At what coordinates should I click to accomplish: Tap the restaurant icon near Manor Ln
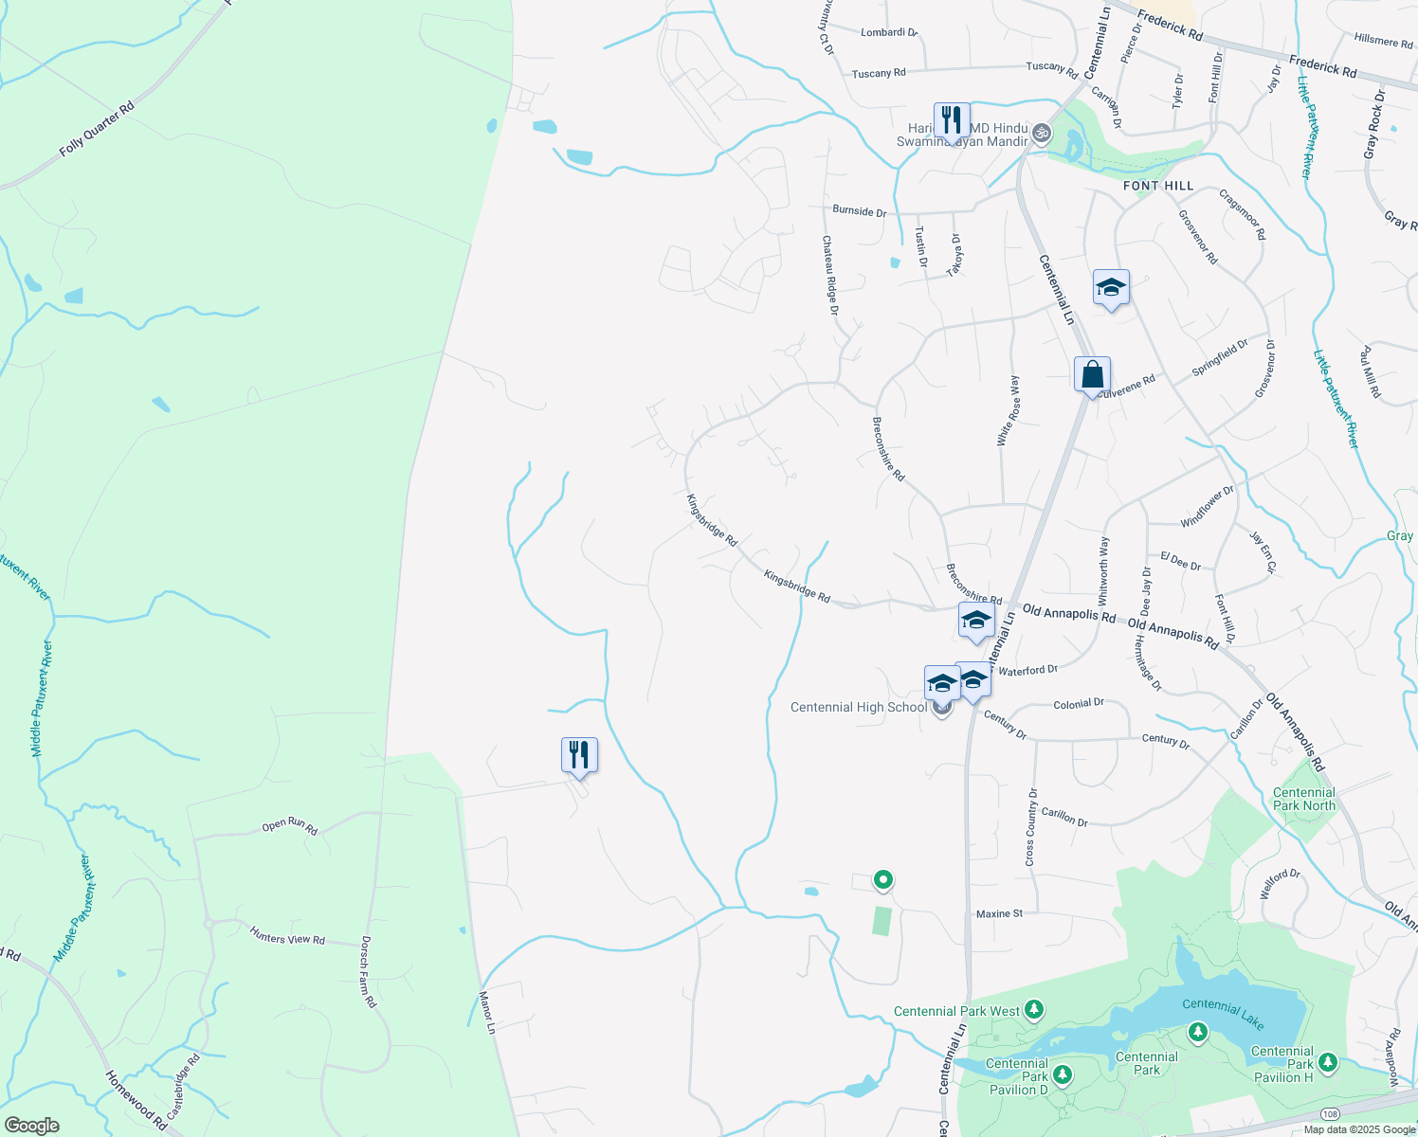click(x=579, y=755)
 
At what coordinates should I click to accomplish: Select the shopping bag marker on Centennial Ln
click(x=1092, y=374)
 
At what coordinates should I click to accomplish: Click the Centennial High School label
click(x=859, y=707)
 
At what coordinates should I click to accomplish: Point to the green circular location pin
click(x=883, y=880)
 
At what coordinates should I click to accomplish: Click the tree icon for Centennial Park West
click(x=1034, y=1010)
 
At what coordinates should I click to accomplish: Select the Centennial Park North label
click(x=1304, y=799)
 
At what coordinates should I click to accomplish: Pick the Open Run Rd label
click(x=289, y=825)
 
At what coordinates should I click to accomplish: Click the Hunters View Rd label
click(x=287, y=938)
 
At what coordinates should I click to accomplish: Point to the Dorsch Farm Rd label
click(x=369, y=972)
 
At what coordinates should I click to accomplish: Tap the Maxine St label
click(x=999, y=913)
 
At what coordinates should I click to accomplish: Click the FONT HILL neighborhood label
click(x=1158, y=186)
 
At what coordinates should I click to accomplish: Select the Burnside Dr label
click(x=859, y=210)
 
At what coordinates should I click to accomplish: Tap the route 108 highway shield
click(x=1331, y=1113)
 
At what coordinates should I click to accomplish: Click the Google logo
click(x=32, y=1125)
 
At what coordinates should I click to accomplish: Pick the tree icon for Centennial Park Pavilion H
click(x=1328, y=1062)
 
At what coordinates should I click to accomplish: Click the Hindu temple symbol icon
click(x=1042, y=132)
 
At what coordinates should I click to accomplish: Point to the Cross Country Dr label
click(x=1031, y=826)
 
